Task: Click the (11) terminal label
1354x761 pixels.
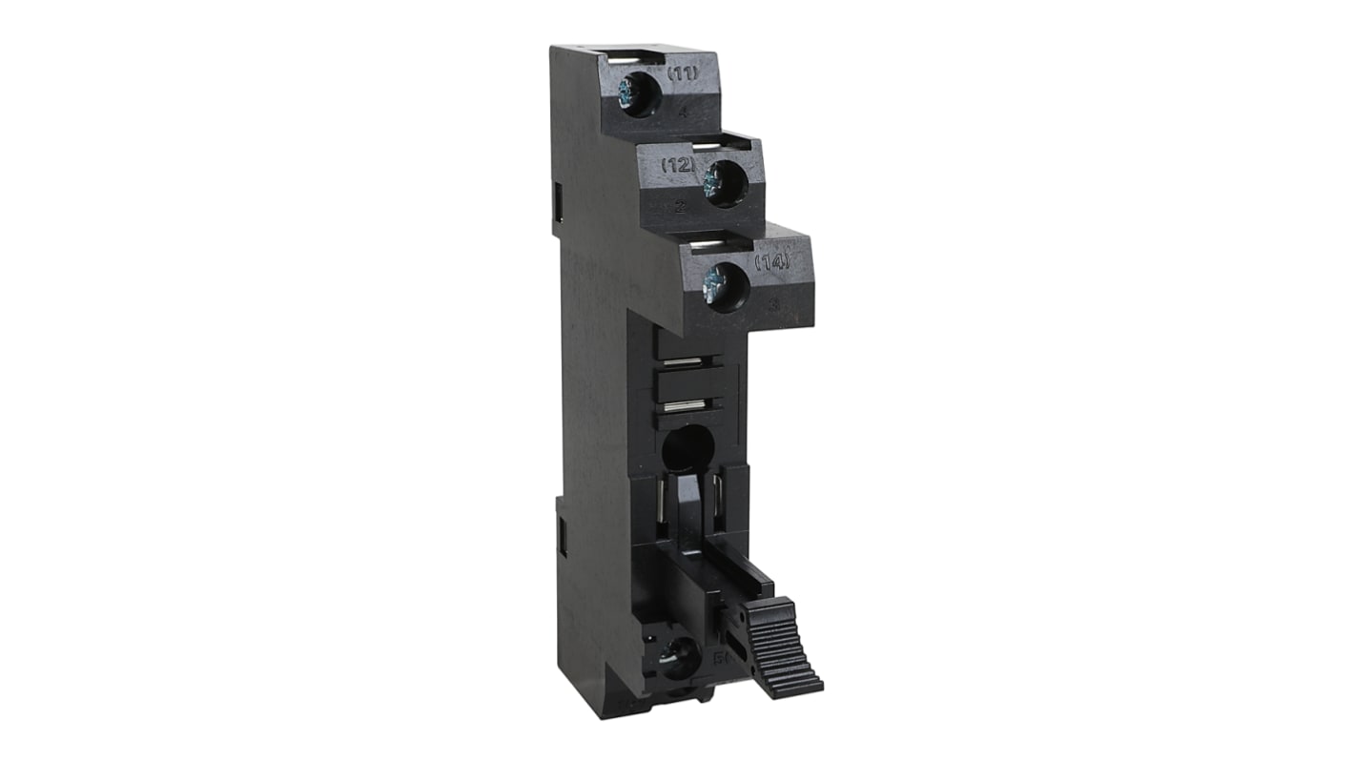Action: (683, 73)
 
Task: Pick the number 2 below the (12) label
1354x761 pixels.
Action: (677, 203)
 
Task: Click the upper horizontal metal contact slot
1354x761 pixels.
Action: (684, 362)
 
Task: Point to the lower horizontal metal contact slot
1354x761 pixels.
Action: (684, 407)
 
